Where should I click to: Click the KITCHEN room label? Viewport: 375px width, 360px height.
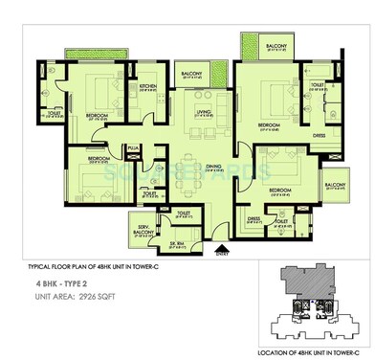[x=146, y=86]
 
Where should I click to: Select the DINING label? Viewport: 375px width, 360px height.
[x=204, y=163]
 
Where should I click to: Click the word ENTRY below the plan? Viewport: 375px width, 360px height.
[x=223, y=255]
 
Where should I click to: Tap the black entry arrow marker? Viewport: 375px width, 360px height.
[x=223, y=247]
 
